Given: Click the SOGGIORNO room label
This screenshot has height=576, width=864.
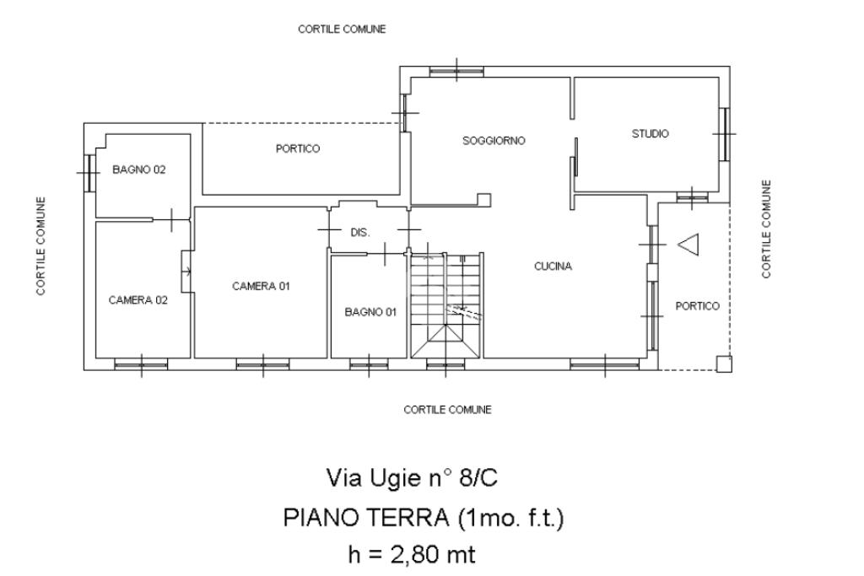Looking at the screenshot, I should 494,141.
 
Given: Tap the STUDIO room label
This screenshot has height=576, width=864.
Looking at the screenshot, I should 650,134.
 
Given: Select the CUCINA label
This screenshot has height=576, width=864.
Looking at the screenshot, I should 553,266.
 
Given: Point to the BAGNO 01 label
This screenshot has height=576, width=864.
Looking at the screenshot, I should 370,312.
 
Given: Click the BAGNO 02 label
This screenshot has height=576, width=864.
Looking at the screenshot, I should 139,170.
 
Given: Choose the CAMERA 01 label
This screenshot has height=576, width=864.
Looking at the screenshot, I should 261,286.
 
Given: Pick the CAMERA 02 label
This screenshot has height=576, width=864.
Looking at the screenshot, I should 138,299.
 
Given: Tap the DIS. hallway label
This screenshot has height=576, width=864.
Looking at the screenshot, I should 360,233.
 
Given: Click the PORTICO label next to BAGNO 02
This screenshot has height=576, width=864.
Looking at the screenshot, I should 298,148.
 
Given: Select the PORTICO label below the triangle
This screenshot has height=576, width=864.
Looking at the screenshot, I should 698,306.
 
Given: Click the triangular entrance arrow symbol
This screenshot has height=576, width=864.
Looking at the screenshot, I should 688,245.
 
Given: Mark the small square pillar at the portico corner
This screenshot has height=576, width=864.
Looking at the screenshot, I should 723,363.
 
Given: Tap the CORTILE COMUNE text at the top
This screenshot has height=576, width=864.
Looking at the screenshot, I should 342,29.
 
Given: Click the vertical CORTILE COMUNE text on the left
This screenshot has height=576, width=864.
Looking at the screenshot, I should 40,245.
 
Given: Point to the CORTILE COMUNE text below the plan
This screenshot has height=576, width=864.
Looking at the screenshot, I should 447,410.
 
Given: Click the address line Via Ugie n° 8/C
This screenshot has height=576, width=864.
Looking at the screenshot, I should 412,478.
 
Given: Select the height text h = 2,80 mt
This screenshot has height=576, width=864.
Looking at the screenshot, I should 412,554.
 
